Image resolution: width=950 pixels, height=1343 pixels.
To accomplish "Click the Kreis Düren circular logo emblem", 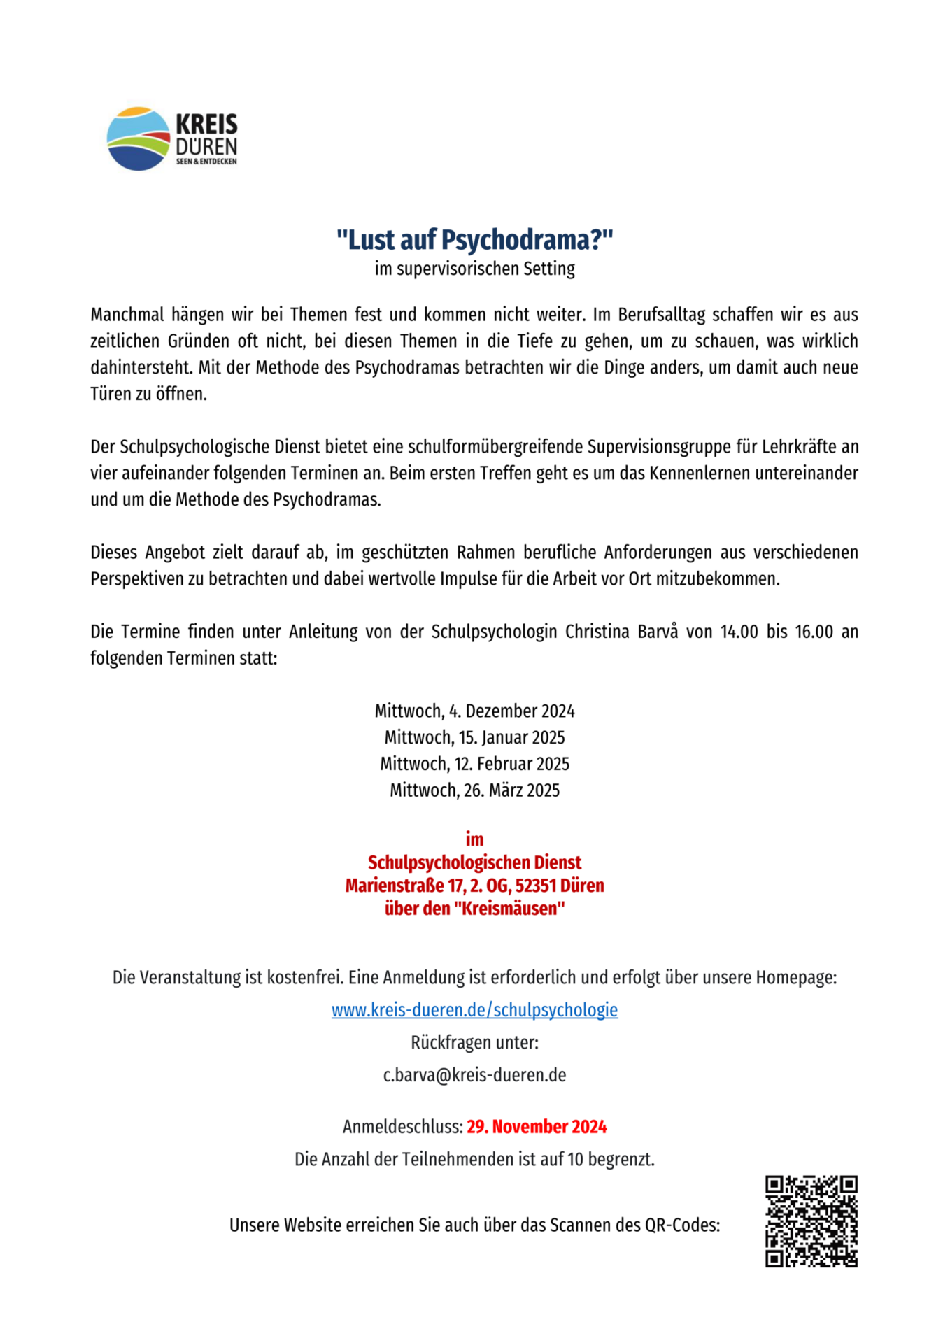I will pos(138,138).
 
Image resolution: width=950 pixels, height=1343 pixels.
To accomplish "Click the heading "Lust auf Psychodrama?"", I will pos(474,240).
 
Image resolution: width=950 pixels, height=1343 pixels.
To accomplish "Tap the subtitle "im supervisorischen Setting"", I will pos(474,269).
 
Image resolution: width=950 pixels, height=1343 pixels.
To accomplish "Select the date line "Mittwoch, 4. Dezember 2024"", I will pos(474,711).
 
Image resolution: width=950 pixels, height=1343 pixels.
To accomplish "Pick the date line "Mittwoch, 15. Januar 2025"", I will pos(474,738).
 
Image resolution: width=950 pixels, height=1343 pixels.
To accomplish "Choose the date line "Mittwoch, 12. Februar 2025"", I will pos(474,764).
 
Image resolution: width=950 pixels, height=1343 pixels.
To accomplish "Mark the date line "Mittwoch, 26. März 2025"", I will pos(474,790).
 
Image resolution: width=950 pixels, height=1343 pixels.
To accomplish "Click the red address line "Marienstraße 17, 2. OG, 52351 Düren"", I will pos(474,886).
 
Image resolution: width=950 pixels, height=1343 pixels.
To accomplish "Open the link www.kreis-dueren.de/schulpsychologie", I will pos(474,1010).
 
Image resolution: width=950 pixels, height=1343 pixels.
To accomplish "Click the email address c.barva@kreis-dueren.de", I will pos(474,1075).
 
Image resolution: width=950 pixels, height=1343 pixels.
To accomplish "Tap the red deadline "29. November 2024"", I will pos(537,1127).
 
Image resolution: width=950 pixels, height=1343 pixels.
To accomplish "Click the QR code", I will pos(811,1221).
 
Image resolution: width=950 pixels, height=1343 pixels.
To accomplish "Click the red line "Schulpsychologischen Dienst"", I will pos(474,862).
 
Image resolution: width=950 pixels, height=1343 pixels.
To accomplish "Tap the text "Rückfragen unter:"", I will pos(474,1043).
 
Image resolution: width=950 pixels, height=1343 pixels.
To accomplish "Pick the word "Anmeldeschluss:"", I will pos(402,1127).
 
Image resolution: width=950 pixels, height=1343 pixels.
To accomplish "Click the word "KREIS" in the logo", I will pos(206,125).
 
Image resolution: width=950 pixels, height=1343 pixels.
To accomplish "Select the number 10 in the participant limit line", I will pos(575,1160).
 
